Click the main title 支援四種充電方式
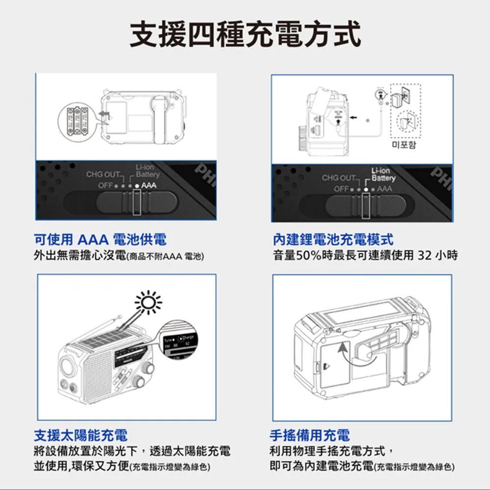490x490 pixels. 245,34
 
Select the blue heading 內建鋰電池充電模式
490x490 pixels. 333,240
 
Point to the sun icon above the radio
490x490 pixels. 148,302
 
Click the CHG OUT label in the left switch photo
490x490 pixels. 104,175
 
